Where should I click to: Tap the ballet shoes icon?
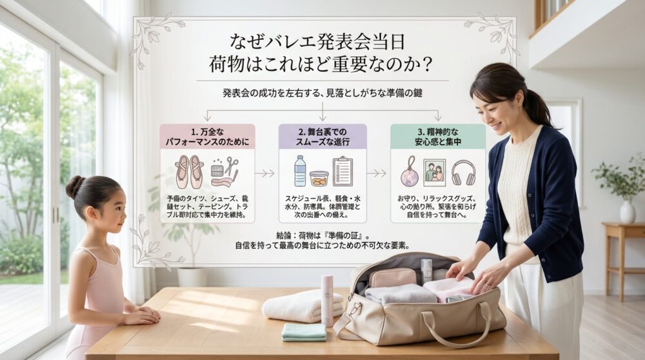pyautogui.click(x=189, y=171)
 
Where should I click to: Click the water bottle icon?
pyautogui.click(x=300, y=171)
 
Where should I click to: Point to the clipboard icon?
pyautogui.click(x=342, y=172)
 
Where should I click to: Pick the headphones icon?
pyautogui.click(x=463, y=172)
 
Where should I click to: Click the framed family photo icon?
pyautogui.click(x=434, y=172)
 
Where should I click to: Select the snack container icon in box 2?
pyautogui.click(x=319, y=178)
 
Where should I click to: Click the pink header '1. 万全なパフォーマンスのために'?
pyautogui.click(x=207, y=137)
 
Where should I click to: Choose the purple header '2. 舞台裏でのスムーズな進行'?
pyautogui.click(x=322, y=137)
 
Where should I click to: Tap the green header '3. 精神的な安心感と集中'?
pyautogui.click(x=438, y=137)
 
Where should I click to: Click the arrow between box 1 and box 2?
pyautogui.click(x=264, y=173)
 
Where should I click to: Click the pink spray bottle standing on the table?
pyautogui.click(x=327, y=300)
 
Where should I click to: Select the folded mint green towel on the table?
pyautogui.click(x=304, y=332)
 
